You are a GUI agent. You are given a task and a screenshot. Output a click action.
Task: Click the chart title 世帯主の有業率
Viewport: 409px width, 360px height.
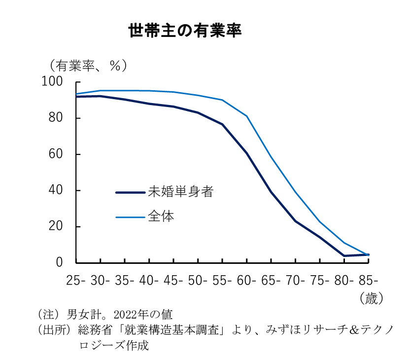point(185,31)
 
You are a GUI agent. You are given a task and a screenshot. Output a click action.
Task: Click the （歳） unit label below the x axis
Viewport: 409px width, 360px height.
point(371,298)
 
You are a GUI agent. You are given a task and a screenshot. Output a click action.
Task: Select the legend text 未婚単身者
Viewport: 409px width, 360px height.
point(180,192)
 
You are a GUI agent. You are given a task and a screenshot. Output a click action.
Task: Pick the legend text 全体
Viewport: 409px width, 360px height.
point(161,216)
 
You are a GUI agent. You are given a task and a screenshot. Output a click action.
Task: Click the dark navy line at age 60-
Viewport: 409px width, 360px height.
point(246,153)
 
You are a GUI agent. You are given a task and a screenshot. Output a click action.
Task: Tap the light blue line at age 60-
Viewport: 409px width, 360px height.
point(246,116)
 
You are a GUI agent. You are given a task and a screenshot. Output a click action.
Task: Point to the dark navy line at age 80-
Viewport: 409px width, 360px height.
point(344,255)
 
